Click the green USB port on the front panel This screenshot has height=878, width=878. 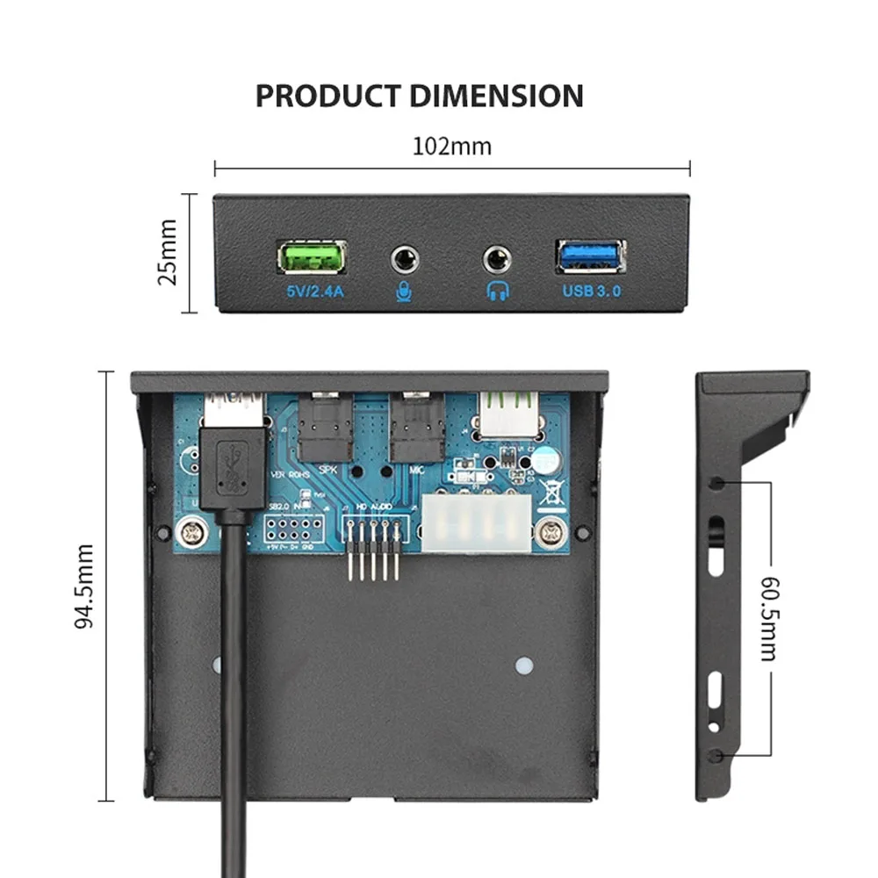point(312,257)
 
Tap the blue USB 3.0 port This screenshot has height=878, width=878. point(590,255)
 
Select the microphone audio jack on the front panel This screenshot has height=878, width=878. point(404,259)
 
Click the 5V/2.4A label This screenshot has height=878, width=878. point(312,290)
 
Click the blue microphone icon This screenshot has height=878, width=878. point(404,291)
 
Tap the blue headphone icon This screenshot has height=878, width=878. point(498,291)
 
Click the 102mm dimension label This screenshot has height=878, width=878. point(452,146)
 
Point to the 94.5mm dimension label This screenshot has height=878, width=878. point(84,587)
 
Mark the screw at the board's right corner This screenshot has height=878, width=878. point(552,530)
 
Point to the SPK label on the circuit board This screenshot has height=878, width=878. point(328,470)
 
